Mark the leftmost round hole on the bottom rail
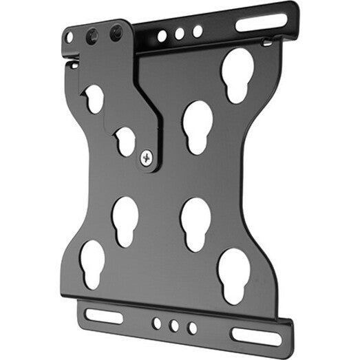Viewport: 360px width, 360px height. pos(158,321)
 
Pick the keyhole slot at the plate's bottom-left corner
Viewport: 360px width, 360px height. pos(92,261)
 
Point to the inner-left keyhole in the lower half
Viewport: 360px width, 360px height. pos(125,220)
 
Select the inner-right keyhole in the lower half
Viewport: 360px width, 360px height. pos(195,224)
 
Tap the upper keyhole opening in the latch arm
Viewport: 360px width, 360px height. pos(95,98)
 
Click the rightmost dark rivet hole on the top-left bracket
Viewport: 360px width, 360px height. pos(116,31)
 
